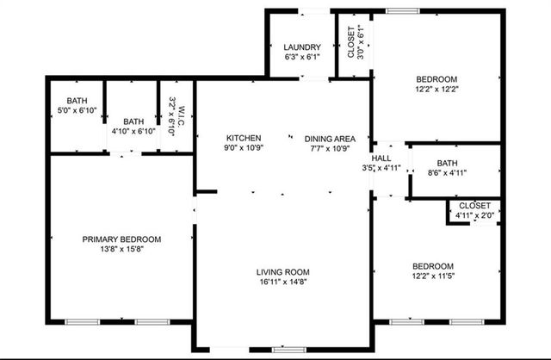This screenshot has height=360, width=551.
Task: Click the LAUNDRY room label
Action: [x=302, y=47]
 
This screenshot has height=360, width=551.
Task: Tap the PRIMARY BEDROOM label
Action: [x=121, y=239]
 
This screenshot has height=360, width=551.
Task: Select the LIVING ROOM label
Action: [x=283, y=272]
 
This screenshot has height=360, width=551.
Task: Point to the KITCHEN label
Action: [x=244, y=138]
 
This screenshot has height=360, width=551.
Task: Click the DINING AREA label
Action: [x=330, y=139]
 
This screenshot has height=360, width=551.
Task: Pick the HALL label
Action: [x=381, y=158]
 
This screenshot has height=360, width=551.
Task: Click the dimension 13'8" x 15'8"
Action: [x=122, y=249]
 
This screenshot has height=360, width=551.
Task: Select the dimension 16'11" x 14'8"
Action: [x=283, y=282]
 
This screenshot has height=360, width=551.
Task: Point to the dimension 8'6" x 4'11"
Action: [x=447, y=173]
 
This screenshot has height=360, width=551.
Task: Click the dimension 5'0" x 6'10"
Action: [x=77, y=110]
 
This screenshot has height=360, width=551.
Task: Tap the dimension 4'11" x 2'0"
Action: [x=474, y=215]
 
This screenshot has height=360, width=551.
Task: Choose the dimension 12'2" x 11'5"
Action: [x=433, y=276]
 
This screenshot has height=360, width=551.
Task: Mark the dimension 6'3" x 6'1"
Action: [x=302, y=57]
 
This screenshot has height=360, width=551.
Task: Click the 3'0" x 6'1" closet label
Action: [x=361, y=42]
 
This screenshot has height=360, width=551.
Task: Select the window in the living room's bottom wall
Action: [x=289, y=350]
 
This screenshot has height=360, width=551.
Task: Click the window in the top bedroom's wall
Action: [x=403, y=11]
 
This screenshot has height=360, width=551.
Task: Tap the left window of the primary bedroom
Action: [x=83, y=322]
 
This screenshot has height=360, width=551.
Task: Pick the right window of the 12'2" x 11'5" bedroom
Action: [x=467, y=322]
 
